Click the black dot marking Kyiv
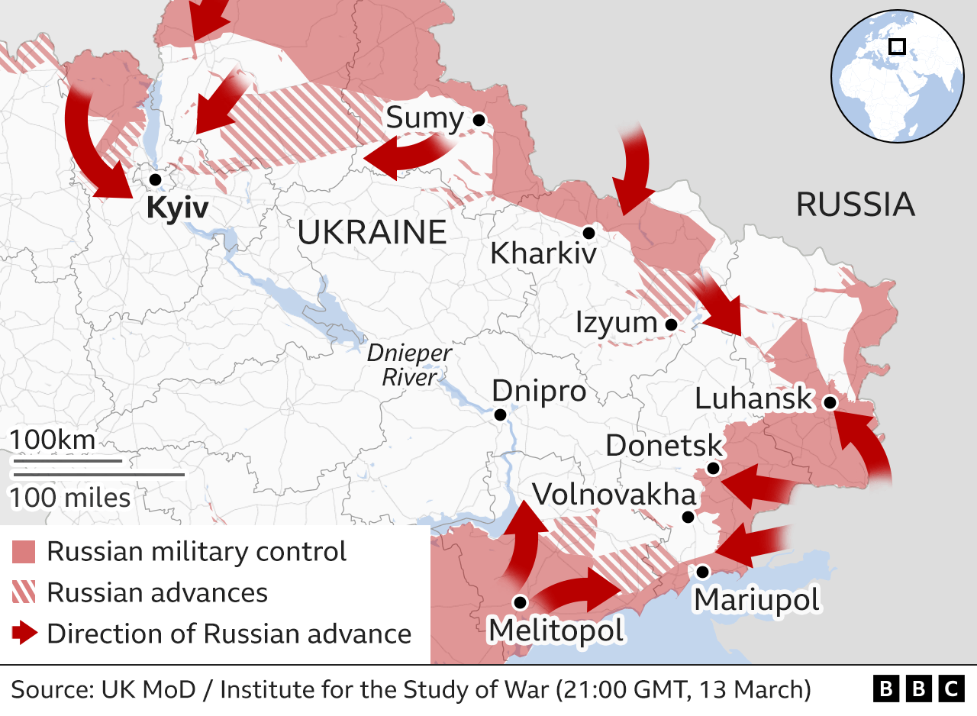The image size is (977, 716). (x=155, y=179)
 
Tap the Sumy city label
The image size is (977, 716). (x=424, y=119)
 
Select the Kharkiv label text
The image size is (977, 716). (x=543, y=253)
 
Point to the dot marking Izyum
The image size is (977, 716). (x=671, y=324)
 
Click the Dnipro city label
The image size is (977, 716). (x=539, y=391)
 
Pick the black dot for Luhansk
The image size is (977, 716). (x=829, y=402)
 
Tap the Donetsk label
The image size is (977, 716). (x=663, y=446)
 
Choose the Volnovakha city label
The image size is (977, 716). (x=614, y=495)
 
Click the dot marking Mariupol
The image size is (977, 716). (x=702, y=571)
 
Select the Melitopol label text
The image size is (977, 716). (x=556, y=631)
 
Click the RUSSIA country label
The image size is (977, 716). (x=855, y=205)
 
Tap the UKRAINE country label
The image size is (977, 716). (x=372, y=232)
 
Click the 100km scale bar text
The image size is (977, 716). (x=53, y=440)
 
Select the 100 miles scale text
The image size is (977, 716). (x=69, y=498)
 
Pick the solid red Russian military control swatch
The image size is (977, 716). (x=24, y=551)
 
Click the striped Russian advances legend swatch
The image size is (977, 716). (x=24, y=592)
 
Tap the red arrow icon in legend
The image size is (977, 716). (x=24, y=633)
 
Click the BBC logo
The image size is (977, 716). (x=918, y=689)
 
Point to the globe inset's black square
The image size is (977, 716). (x=898, y=47)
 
